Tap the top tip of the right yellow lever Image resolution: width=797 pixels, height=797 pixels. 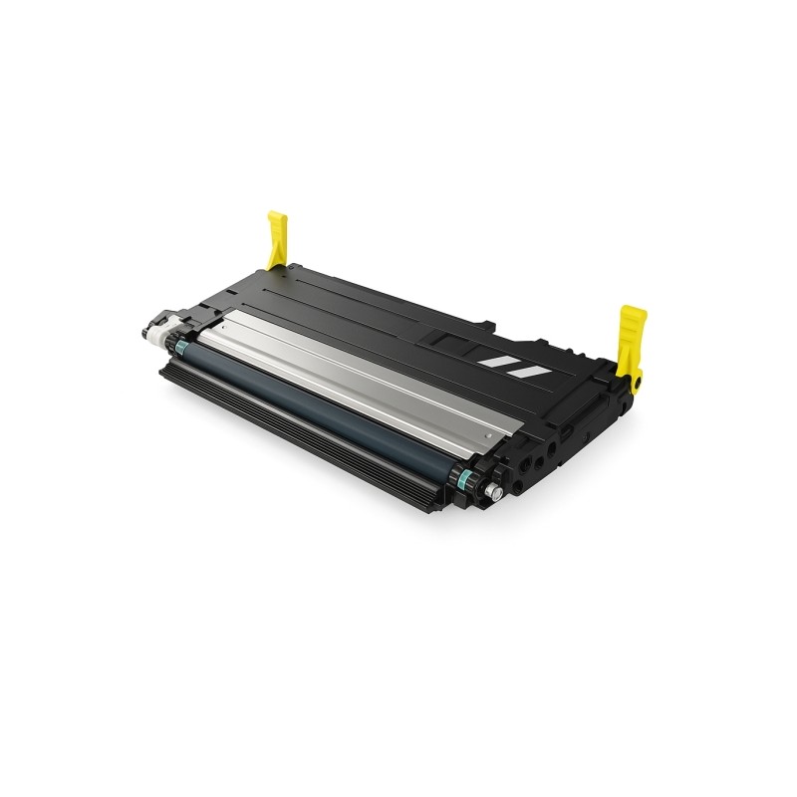(632, 311)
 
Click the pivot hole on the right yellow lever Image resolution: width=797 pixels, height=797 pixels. (637, 378)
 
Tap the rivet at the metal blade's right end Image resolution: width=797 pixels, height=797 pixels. (485, 435)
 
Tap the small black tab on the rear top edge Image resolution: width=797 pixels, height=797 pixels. (488, 323)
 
